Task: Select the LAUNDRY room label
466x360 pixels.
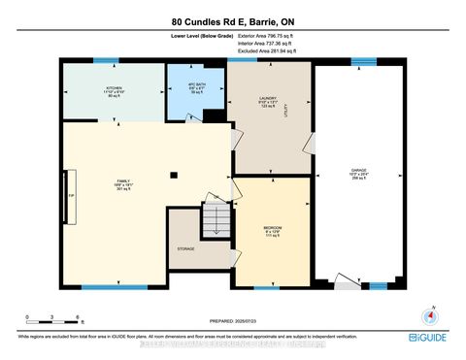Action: point(268,101)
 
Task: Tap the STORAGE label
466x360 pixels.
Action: point(185,248)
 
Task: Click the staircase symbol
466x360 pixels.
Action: point(213,225)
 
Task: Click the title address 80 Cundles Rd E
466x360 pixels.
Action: point(233,20)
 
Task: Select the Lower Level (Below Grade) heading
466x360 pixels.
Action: point(193,36)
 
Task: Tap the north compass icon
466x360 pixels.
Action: point(423,314)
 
